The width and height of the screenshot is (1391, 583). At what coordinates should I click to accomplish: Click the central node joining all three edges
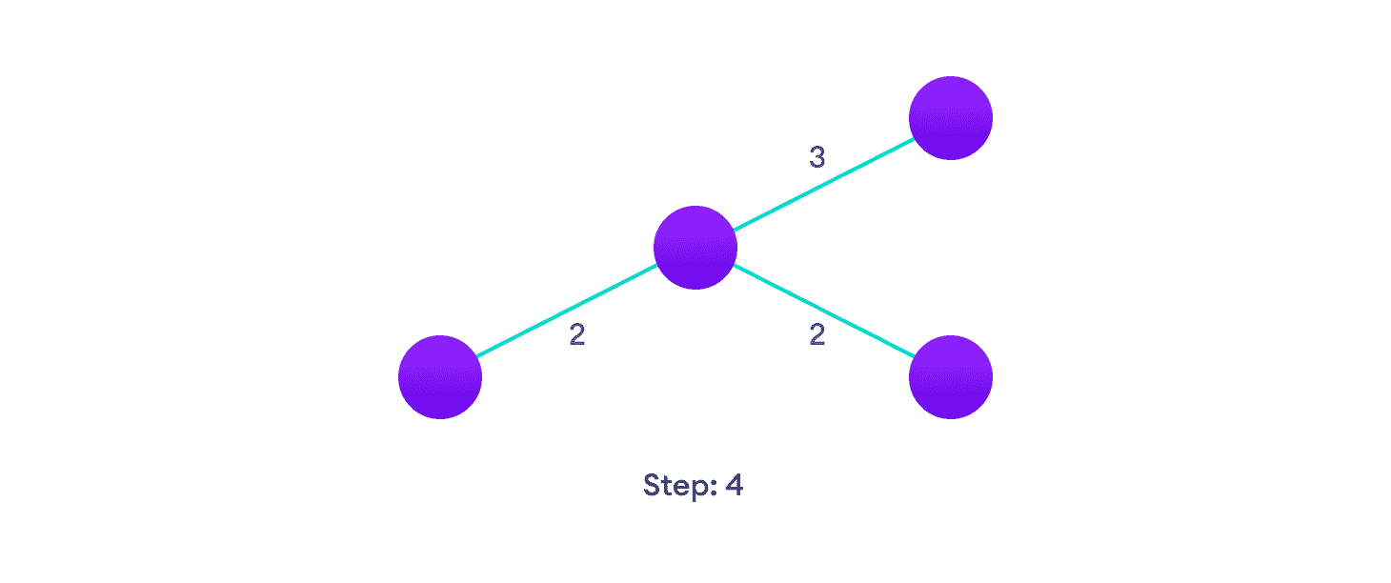coord(695,248)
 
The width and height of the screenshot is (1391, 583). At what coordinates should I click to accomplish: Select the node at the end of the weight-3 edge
coord(951,118)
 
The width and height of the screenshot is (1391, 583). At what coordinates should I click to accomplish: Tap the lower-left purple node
coord(440,377)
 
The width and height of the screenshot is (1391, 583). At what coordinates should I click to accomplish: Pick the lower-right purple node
coord(951,377)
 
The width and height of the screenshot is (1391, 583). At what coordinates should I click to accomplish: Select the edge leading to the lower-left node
coord(567,312)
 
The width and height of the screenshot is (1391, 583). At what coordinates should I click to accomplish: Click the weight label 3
coord(816,157)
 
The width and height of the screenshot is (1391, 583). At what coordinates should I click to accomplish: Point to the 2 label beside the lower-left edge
coord(577,335)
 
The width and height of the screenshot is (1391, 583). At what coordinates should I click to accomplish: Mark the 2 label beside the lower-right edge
coord(816,335)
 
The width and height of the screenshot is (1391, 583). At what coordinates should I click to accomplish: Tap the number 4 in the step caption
coord(734,485)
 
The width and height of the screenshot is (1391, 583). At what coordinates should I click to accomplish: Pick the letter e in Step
coord(683,487)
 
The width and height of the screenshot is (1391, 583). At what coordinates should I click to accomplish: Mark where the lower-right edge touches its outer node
coord(914,358)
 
